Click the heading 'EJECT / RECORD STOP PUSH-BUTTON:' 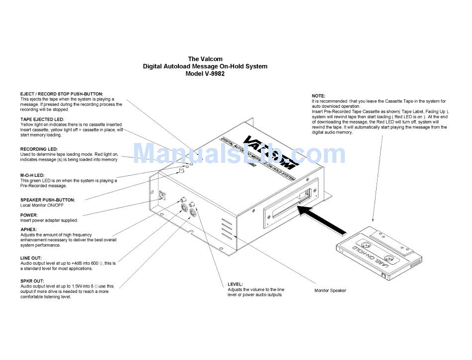(x=62, y=94)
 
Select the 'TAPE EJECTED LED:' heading (x=42, y=120)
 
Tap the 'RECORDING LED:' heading (x=39, y=149)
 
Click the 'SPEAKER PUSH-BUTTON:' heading (x=48, y=200)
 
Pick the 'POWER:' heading (x=29, y=215)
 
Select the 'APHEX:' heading (x=28, y=229)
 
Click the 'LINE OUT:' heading (x=31, y=258)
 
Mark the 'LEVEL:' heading (x=236, y=285)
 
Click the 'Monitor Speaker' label (x=330, y=290)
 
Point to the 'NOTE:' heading (x=318, y=95)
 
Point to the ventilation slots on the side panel (x=226, y=228)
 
